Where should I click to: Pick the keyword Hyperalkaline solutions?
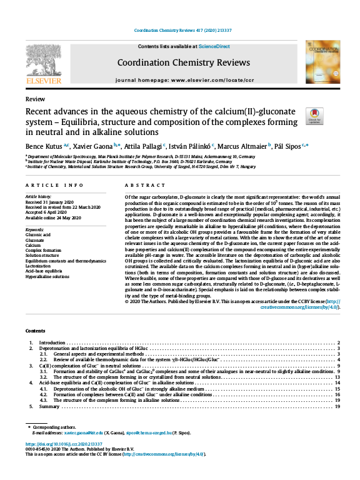[47, 276]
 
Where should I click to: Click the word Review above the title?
[35, 99]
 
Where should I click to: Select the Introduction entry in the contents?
[52, 343]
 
